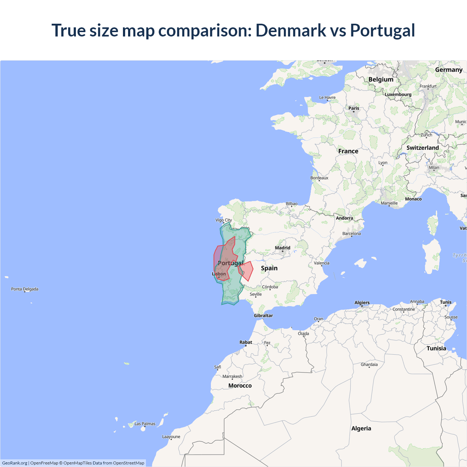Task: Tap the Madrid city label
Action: point(283,248)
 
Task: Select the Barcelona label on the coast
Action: point(351,233)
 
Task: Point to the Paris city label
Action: point(354,108)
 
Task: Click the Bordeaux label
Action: point(319,178)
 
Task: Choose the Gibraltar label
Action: point(263,316)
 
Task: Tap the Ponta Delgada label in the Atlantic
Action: point(24,289)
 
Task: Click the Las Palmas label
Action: point(145,424)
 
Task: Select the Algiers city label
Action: point(362,302)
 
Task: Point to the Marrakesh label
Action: point(232,377)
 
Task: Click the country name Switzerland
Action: point(422,148)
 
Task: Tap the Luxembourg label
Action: point(398,94)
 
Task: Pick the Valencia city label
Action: point(321,263)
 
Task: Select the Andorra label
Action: point(344,218)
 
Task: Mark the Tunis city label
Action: point(445,302)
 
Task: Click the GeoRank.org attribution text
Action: point(15,463)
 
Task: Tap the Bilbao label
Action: point(292,204)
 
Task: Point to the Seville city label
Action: point(256,294)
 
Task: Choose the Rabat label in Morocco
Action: point(246,342)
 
